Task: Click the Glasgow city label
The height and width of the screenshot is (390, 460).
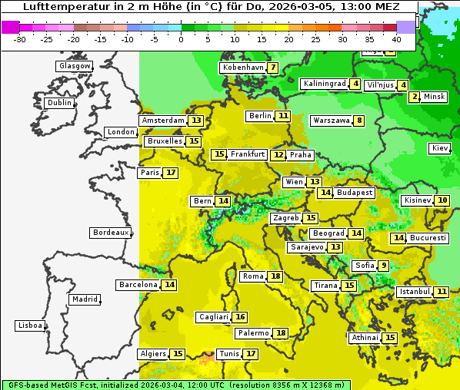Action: tap(74, 66)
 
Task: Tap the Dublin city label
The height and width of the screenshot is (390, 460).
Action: tap(59, 103)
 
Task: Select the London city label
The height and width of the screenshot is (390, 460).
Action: tap(121, 132)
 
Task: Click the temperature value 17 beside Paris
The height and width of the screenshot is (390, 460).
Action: tap(171, 173)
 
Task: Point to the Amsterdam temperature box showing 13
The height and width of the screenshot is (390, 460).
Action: tap(196, 121)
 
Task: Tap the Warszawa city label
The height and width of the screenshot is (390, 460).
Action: tap(332, 121)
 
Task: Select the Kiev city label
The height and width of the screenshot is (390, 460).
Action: tap(441, 148)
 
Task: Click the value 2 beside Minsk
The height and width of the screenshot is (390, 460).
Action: tap(415, 97)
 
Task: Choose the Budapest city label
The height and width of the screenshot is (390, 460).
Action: tap(355, 193)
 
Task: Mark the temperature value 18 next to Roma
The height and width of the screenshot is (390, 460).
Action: tap(275, 276)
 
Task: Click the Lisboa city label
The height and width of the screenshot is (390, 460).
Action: tap(29, 326)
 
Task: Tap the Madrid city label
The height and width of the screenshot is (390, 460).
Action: tap(85, 299)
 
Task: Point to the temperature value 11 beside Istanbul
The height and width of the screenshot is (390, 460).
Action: tap(442, 292)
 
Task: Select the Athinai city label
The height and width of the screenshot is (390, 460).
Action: tap(365, 338)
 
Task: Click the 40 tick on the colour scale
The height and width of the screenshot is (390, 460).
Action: tap(396, 38)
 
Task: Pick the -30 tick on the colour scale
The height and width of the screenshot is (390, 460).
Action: tap(20, 38)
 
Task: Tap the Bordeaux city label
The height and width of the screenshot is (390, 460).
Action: tap(110, 233)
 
